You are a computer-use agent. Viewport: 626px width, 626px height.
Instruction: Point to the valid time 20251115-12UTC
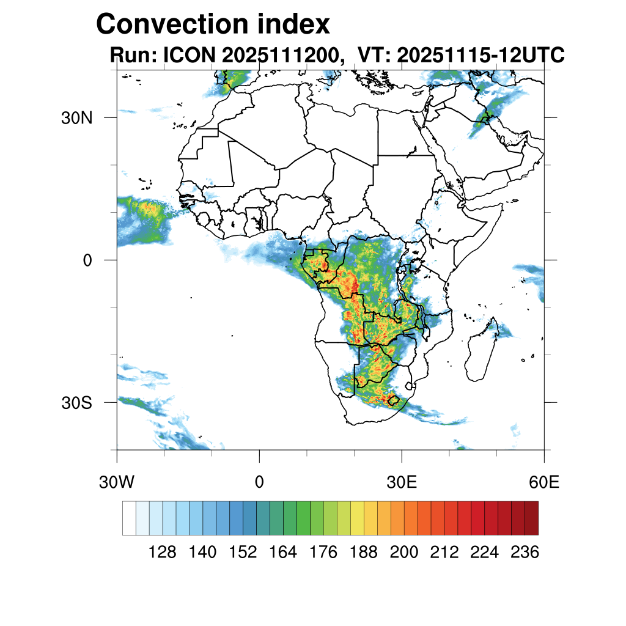point(480,56)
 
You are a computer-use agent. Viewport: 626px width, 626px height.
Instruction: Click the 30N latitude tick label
point(76,117)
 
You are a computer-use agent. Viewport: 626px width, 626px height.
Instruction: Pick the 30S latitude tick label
point(77,403)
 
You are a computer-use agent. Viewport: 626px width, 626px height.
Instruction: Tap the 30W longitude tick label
point(117,482)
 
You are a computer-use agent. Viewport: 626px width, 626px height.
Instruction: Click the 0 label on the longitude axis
point(259,482)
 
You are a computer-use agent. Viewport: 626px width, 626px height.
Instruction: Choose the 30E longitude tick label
point(402,482)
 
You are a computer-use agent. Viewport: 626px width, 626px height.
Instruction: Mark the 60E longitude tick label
point(544,482)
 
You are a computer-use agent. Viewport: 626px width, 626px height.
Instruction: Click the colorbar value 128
point(163,553)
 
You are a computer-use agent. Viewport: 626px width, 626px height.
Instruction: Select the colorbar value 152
point(243,553)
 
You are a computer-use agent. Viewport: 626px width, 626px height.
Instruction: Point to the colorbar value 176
point(323,553)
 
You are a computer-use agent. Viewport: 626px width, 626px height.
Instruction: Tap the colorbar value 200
point(403,553)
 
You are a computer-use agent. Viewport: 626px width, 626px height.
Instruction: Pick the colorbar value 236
point(525,553)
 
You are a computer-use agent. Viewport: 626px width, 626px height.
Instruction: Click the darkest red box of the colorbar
point(531,518)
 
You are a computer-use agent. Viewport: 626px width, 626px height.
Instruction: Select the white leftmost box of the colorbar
point(129,518)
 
